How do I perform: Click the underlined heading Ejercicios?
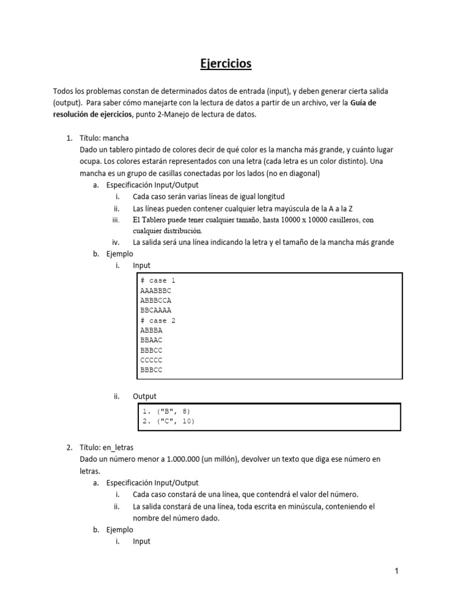click(226, 63)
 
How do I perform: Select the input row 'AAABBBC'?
click(156, 290)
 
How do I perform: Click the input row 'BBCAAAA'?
click(156, 310)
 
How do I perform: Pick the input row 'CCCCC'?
click(151, 360)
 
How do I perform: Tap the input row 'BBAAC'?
click(151, 340)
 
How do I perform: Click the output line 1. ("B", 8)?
click(167, 411)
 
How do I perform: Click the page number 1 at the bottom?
click(397, 571)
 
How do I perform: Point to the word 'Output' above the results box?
click(145, 396)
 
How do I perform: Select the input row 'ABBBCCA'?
click(156, 300)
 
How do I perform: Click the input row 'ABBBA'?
click(151, 330)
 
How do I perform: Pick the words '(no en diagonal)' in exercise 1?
click(291, 173)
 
